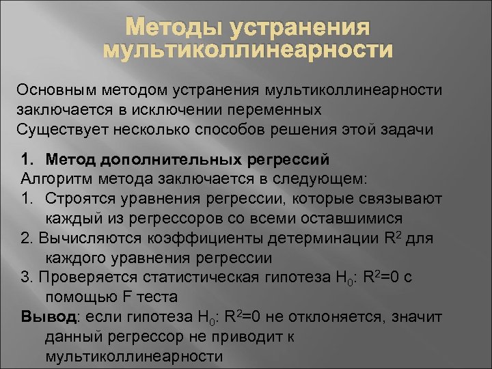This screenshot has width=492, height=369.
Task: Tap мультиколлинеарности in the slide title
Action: click(x=247, y=51)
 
